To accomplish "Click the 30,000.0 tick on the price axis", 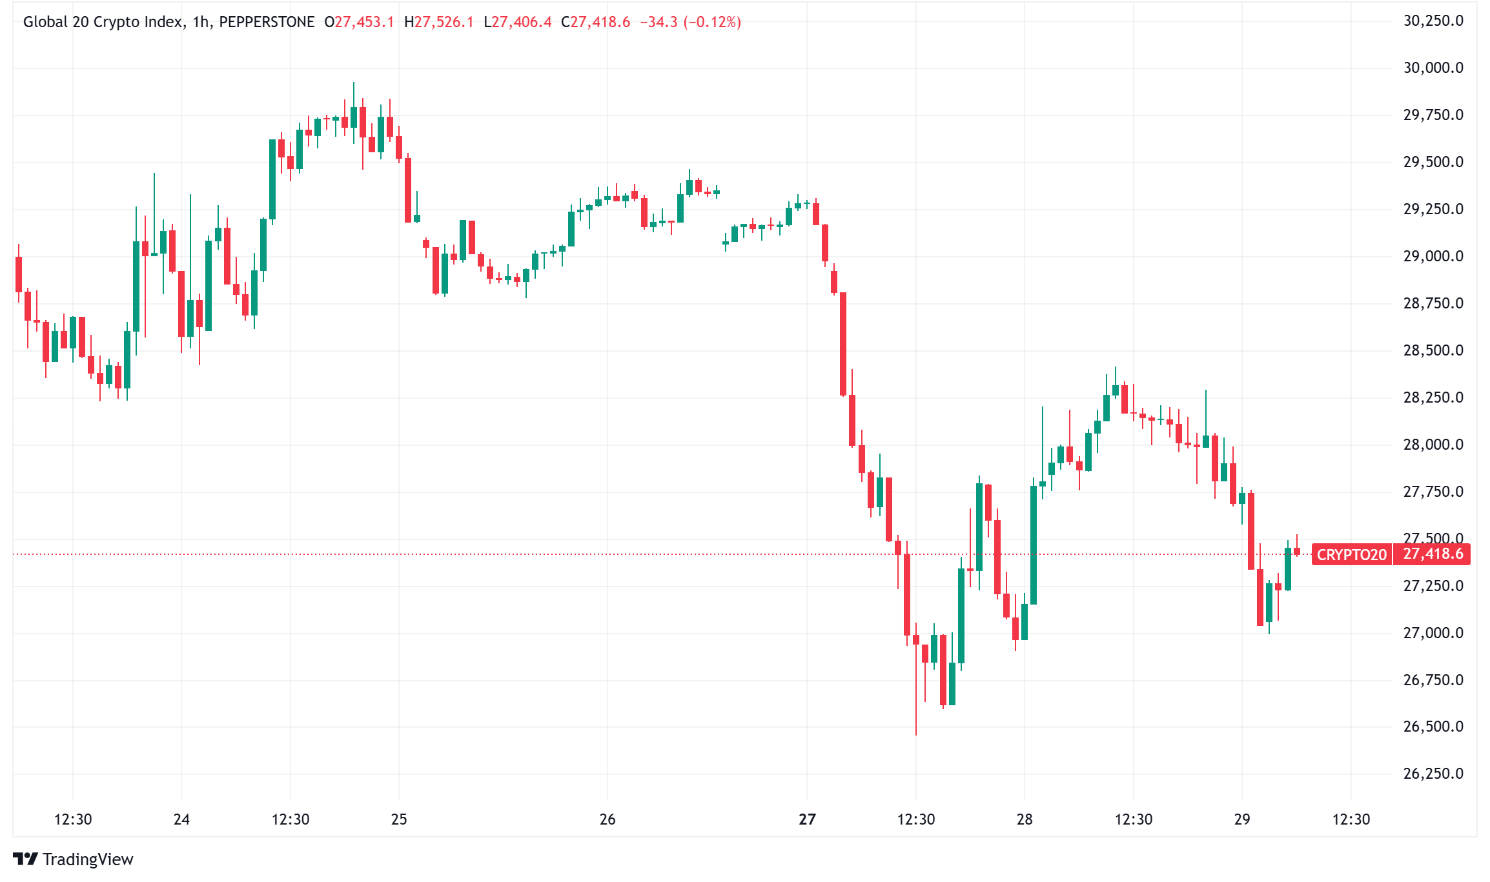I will point(1433,68).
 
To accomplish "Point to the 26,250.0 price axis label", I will point(1433,774).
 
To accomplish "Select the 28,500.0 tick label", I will point(1433,350).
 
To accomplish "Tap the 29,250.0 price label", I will point(1433,209).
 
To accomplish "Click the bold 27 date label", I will point(807,819).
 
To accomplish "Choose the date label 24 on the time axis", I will point(181,819).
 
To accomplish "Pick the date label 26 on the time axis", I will point(607,819).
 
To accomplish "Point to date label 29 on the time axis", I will point(1241,819).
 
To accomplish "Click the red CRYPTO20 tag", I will point(1351,555).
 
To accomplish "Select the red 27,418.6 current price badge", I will point(1433,554).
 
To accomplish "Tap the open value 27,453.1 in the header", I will point(363,23).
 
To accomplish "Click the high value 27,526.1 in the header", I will point(444,23).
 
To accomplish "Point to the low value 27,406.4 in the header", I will point(522,23).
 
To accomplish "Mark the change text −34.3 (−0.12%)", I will point(690,23).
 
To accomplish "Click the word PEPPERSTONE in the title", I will point(267,23).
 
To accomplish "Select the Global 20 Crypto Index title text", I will point(103,23).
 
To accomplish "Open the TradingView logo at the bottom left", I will point(73,859).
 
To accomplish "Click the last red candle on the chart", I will point(1296,551).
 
